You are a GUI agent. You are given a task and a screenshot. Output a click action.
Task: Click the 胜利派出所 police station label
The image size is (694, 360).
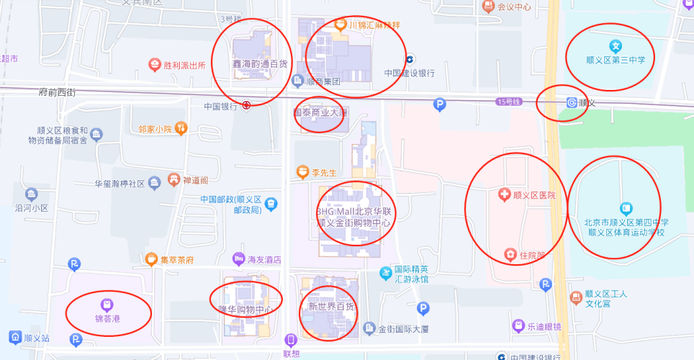[x=184, y=65]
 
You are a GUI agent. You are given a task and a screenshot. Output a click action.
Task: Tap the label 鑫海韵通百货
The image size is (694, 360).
[x=259, y=64]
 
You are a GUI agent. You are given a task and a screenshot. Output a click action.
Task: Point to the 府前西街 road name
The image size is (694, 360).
[x=57, y=92]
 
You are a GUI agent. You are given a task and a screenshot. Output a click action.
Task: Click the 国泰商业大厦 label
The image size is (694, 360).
[x=320, y=113]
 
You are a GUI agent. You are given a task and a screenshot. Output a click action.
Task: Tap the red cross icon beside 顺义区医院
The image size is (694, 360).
[x=505, y=194]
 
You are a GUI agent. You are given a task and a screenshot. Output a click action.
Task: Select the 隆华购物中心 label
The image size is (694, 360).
[x=245, y=310]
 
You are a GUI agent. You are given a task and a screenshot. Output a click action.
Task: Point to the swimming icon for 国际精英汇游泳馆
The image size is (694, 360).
[x=385, y=273]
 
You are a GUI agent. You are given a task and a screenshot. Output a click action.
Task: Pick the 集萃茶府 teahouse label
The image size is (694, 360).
[x=176, y=259]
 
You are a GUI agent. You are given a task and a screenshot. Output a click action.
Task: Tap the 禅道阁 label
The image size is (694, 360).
[x=195, y=180]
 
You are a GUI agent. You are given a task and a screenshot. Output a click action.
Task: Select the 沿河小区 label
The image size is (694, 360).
[x=31, y=207]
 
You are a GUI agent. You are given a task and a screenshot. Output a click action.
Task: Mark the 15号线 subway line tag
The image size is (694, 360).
[x=508, y=102]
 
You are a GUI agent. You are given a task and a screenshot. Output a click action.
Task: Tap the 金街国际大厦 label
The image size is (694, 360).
[x=403, y=329]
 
